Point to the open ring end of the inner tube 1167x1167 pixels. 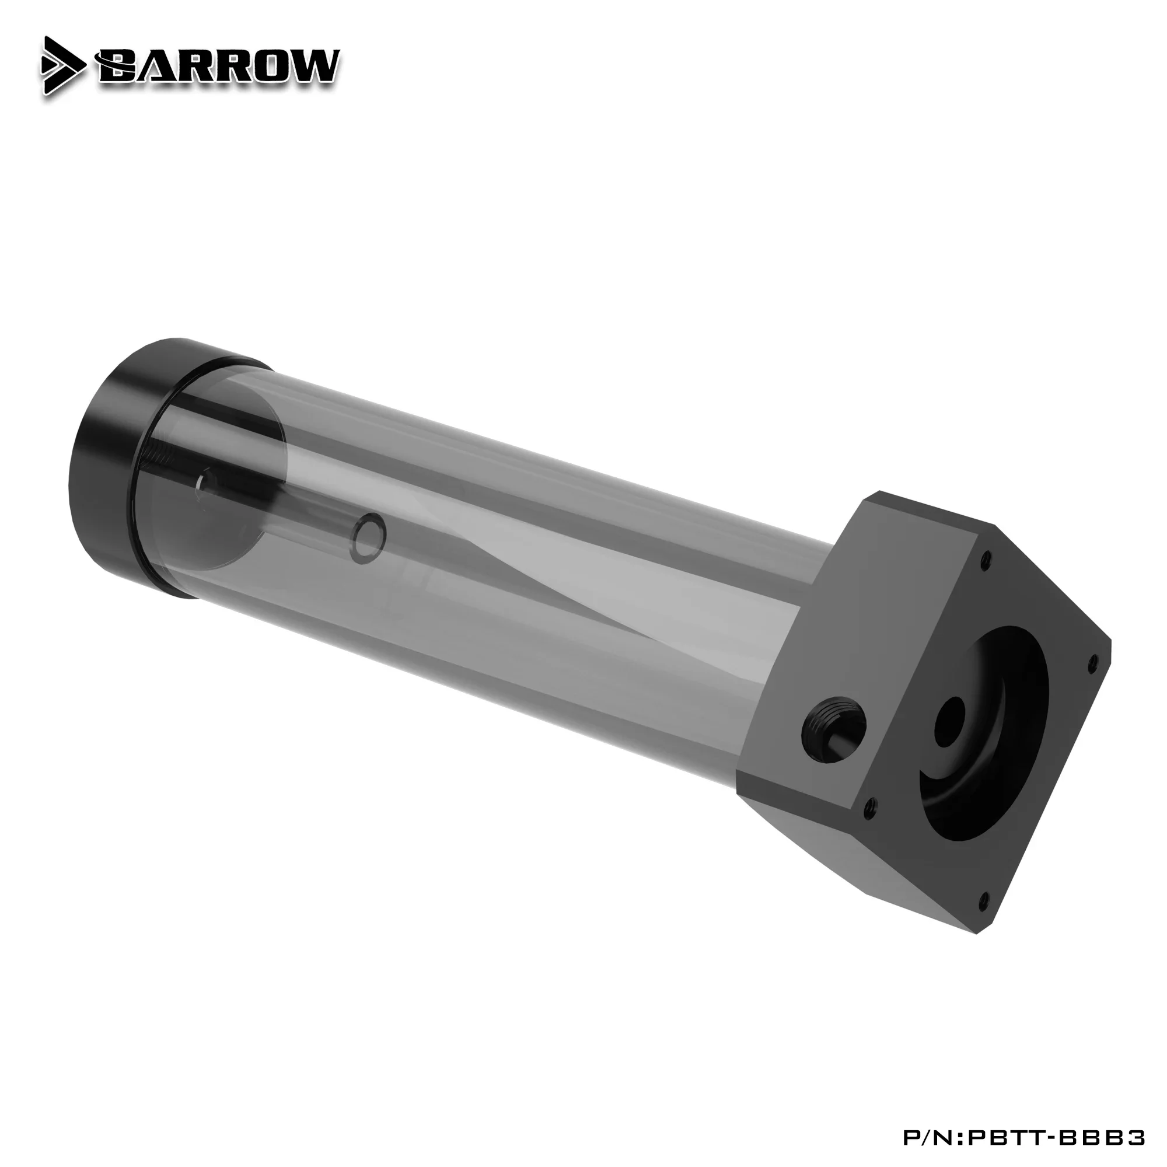tap(370, 533)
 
